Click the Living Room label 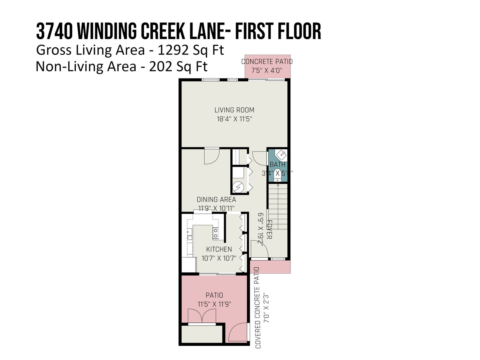234,110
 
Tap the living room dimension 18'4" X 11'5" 234,119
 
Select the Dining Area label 216,199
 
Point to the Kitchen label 219,249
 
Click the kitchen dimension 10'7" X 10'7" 219,258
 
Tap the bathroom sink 281,155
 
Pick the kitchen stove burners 216,233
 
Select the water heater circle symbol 238,187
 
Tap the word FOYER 269,229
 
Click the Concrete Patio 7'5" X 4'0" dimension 267,70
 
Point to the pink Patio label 214,295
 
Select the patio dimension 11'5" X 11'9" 214,304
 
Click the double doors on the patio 202,316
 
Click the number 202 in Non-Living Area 160,67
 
